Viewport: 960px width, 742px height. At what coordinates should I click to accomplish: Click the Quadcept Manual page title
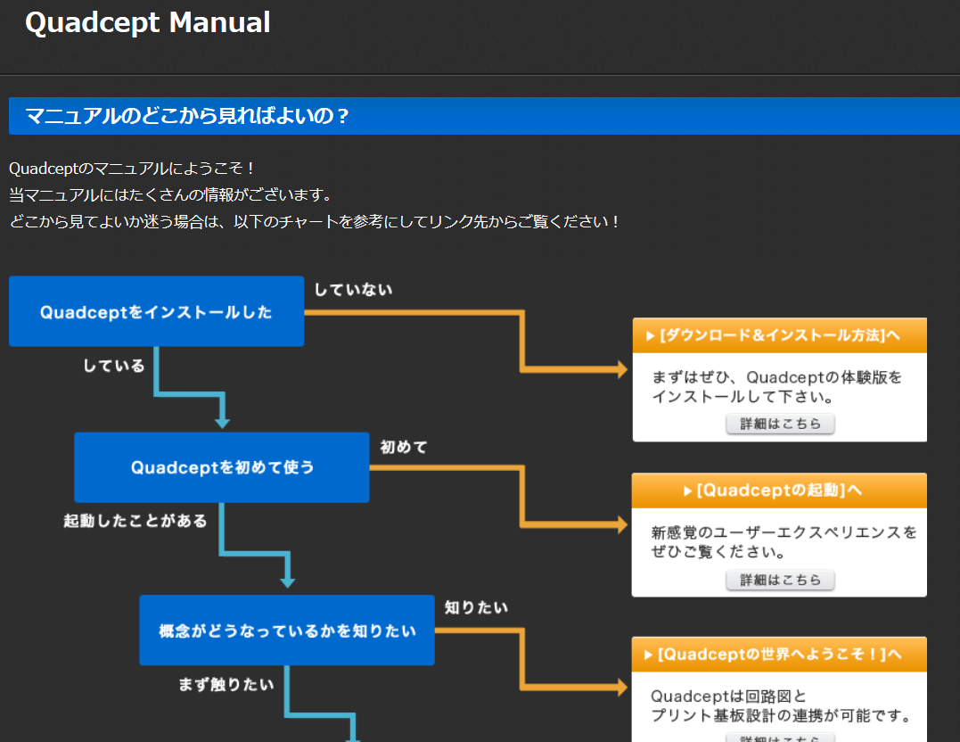(148, 23)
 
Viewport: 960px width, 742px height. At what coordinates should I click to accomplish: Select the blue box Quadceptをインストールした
(156, 312)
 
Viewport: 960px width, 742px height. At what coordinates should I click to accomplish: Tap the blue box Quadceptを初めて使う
(222, 467)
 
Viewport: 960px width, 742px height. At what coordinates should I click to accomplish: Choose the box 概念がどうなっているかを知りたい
(287, 631)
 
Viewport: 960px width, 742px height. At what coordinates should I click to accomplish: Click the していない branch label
(353, 289)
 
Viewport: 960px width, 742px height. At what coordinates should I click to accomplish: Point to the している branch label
(114, 366)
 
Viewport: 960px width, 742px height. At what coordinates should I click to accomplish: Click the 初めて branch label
(404, 447)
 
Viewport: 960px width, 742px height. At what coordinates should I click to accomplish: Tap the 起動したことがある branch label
(135, 521)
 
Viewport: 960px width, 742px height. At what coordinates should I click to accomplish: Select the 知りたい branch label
(476, 607)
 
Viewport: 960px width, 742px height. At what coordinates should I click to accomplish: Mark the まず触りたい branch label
(226, 685)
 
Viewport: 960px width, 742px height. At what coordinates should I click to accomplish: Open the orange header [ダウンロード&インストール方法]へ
(779, 335)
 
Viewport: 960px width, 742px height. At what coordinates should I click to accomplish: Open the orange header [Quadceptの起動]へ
(779, 491)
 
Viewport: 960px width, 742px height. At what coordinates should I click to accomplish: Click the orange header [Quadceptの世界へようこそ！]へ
(779, 654)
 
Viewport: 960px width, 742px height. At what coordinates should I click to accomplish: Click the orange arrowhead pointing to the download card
(622, 369)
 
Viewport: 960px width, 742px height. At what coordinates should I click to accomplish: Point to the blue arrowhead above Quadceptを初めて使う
(222, 422)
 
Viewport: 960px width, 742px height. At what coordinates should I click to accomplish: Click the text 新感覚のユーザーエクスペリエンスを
(784, 532)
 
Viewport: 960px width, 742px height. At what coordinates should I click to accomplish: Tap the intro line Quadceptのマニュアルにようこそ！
(133, 169)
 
